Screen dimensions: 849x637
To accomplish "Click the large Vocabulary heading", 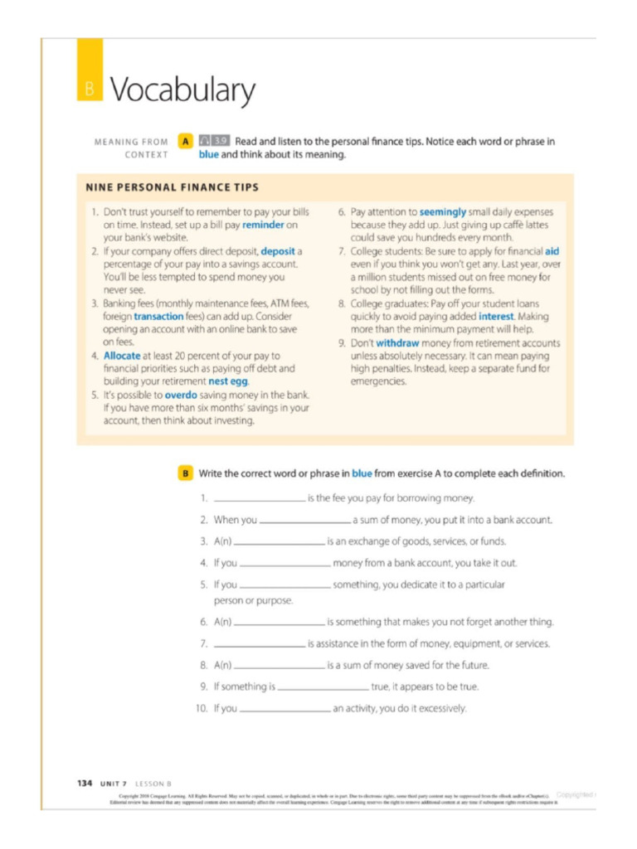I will click(182, 90).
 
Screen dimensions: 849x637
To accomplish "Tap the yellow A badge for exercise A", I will click(186, 142).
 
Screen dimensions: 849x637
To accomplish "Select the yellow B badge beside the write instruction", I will click(186, 473).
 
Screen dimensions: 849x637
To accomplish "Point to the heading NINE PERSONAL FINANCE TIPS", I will click(173, 187).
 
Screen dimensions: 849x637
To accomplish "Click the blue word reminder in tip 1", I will click(269, 225).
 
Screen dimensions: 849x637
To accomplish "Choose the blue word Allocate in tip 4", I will click(122, 356).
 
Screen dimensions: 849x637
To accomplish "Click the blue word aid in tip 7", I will click(552, 250).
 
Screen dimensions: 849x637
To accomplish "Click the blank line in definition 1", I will click(259, 500).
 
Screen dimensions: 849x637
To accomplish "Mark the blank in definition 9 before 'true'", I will click(323, 687).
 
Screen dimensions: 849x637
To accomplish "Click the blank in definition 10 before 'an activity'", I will click(284, 710).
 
